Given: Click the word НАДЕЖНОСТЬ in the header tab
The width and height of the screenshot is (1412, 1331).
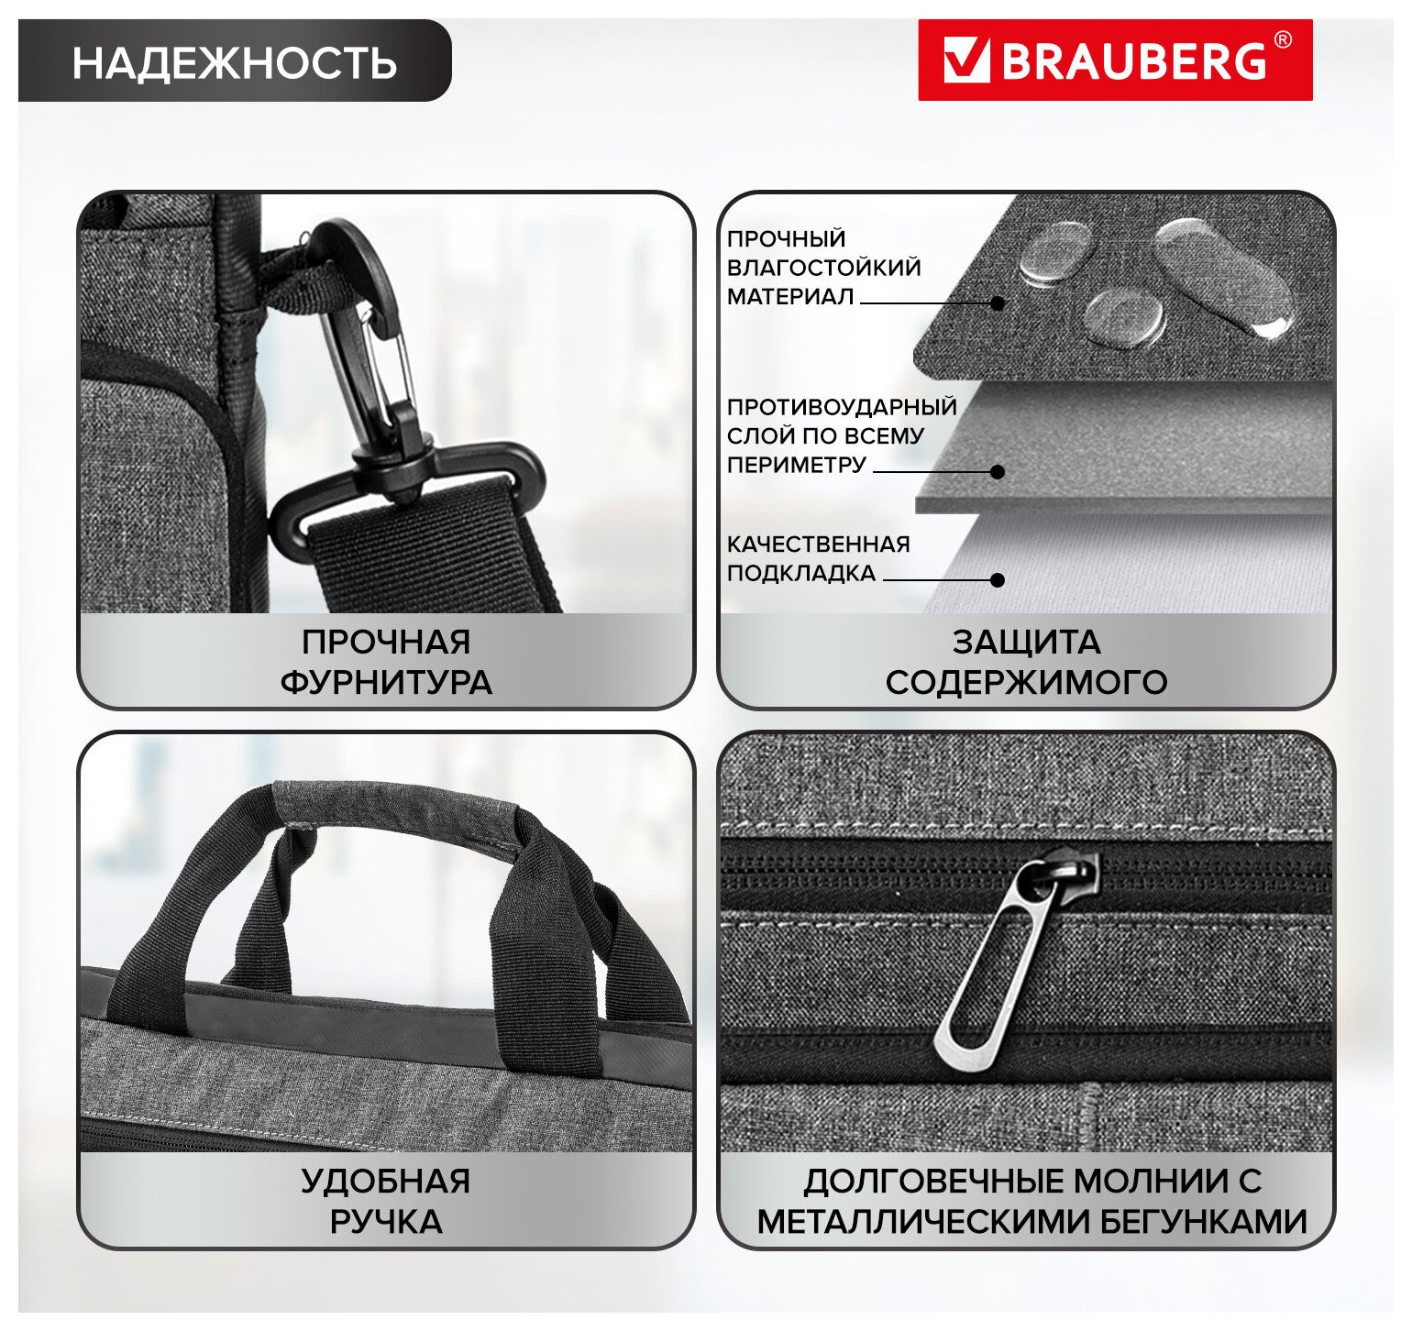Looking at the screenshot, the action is click(x=235, y=62).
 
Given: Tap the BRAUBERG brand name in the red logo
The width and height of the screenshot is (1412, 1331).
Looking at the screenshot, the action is click(x=1133, y=60).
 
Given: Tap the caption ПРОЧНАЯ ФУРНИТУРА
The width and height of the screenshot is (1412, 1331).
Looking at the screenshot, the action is click(x=386, y=662).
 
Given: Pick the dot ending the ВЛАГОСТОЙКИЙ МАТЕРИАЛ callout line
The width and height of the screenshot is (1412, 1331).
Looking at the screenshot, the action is click(x=998, y=302).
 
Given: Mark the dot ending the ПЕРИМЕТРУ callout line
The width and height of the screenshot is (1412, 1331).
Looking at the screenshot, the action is click(x=998, y=471).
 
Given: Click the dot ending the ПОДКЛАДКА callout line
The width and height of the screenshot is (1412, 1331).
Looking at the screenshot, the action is click(x=998, y=579).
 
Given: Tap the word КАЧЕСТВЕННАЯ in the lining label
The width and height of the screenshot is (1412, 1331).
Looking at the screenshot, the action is click(x=818, y=544).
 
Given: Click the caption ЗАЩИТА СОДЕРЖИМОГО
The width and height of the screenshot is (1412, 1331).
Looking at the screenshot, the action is click(x=1026, y=662).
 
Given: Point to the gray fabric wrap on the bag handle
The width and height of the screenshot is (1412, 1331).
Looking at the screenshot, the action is click(x=397, y=808).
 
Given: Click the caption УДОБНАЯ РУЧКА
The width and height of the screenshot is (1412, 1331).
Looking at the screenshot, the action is click(x=386, y=1201).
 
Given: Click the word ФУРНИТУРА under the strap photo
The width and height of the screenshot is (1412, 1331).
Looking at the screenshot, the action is click(x=386, y=683).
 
